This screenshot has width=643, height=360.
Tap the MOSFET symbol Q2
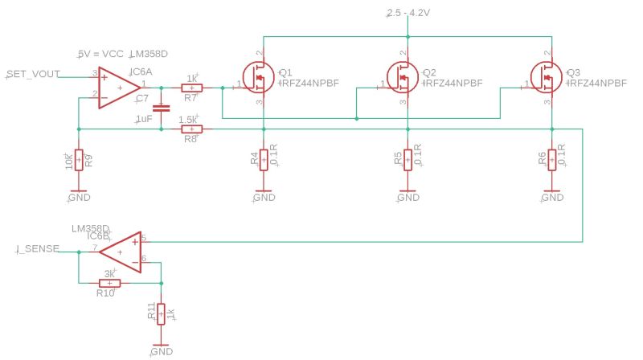[404, 77]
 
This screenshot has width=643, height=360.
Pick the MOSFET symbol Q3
[548, 77]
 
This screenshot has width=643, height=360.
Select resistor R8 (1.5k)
[191, 129]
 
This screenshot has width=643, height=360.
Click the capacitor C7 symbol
[160, 106]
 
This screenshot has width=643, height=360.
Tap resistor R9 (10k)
[78, 160]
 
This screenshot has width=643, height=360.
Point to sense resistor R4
[264, 159]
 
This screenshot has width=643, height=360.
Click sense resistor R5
[408, 159]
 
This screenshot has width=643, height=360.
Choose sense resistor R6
[551, 159]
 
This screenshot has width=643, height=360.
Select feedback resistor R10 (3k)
[109, 283]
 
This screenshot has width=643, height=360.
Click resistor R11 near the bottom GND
[161, 313]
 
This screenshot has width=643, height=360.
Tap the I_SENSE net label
[37, 249]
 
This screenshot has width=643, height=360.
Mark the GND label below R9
[79, 197]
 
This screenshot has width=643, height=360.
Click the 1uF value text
[143, 118]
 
